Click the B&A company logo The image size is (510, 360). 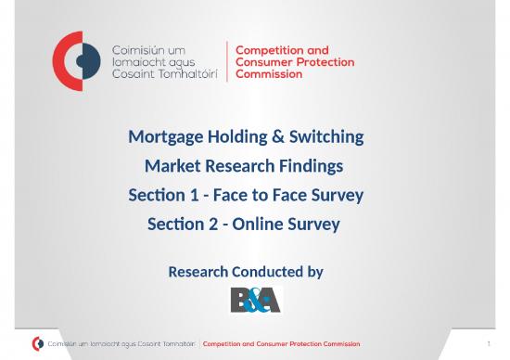pos(254,300)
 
